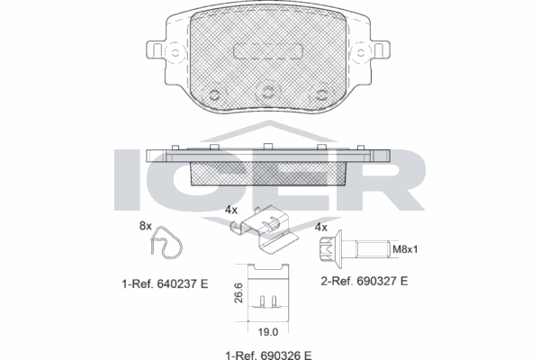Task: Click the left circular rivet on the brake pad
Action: point(215,94)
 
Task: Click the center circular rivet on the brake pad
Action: point(267,90)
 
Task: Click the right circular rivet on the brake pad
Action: point(319,94)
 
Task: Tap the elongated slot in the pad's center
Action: point(267,52)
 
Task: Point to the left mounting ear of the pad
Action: point(161,49)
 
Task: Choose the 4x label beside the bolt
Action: point(319,228)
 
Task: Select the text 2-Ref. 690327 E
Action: point(364,281)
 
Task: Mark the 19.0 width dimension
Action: point(267,329)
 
